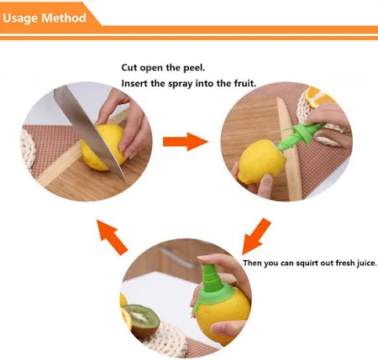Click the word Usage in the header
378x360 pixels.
pyautogui.click(x=20, y=18)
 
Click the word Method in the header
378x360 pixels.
pyautogui.click(x=64, y=18)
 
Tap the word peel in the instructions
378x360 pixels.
pyautogui.click(x=194, y=68)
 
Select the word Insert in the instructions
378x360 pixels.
pyautogui.click(x=134, y=83)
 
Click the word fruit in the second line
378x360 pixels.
pyautogui.click(x=245, y=83)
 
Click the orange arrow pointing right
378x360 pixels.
pyautogui.click(x=186, y=142)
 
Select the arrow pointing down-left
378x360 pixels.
pyautogui.click(x=256, y=237)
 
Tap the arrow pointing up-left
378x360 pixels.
pyautogui.click(x=112, y=237)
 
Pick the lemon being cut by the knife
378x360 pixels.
pyautogui.click(x=102, y=147)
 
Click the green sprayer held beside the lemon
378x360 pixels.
pyautogui.click(x=301, y=136)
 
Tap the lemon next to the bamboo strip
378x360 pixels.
pyautogui.click(x=261, y=162)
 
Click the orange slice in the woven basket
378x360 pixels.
pyautogui.click(x=318, y=97)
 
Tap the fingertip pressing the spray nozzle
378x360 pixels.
pyautogui.click(x=204, y=258)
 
